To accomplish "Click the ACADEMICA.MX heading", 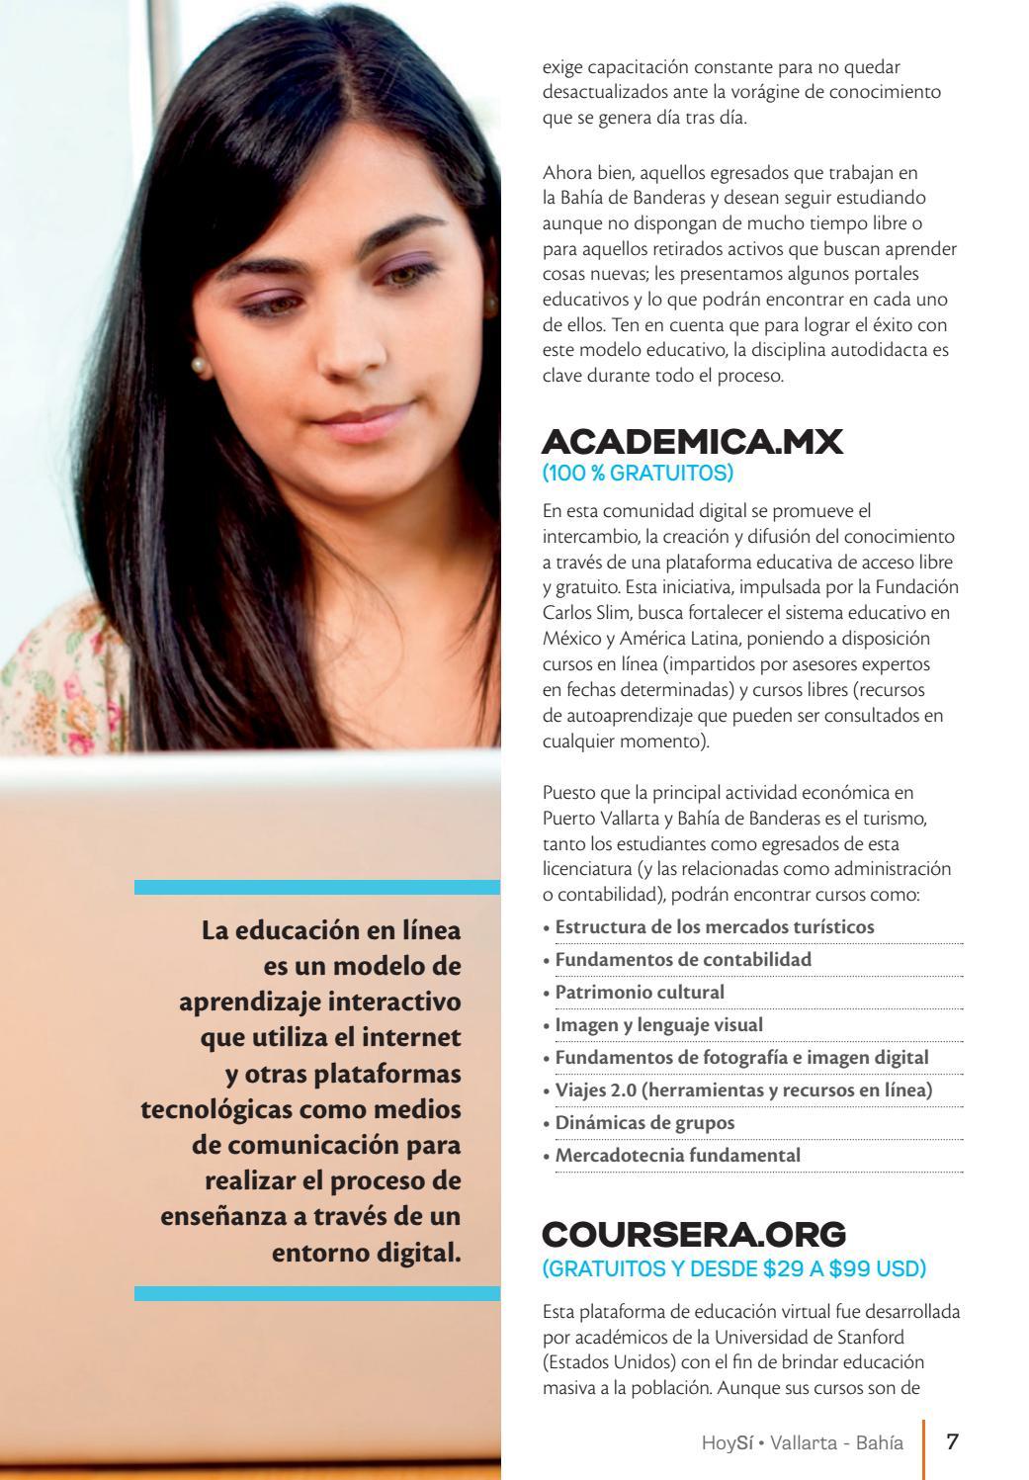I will (x=692, y=442).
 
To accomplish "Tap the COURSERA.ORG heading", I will (x=694, y=1234).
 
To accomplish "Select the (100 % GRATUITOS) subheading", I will (x=638, y=474).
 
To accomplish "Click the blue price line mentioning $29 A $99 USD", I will (x=733, y=1267).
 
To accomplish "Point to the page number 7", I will (x=953, y=1440).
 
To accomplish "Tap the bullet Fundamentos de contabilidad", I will (x=682, y=959).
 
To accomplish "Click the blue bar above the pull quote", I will (x=316, y=887).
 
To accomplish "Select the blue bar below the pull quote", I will (x=316, y=1293).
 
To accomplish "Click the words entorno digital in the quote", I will (x=366, y=1252).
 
